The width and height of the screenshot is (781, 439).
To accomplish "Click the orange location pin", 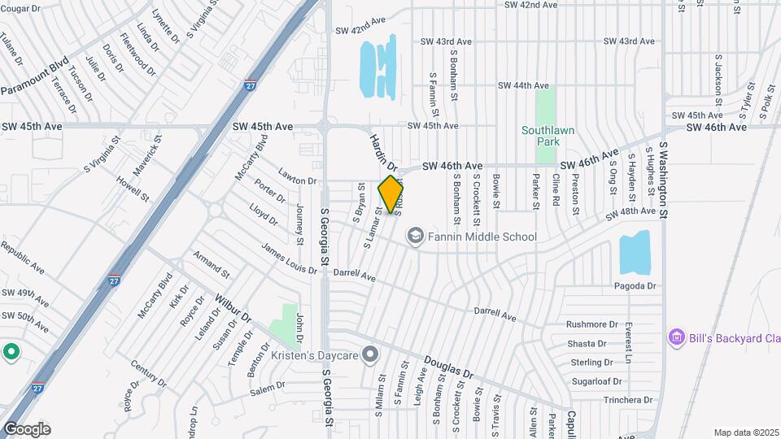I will (x=391, y=193).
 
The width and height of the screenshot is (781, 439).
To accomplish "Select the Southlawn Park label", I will (x=541, y=135).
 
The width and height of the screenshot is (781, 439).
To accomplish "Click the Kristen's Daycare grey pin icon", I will (x=371, y=354).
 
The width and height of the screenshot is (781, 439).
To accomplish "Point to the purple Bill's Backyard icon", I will (x=674, y=337).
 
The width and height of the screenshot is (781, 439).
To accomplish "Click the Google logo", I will (x=27, y=428).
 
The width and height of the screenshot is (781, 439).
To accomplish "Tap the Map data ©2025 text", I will (x=745, y=432).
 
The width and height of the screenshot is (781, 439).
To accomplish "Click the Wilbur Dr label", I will (x=233, y=308).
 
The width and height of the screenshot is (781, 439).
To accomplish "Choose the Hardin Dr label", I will (x=382, y=152).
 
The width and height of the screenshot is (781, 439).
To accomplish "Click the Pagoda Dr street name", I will (x=635, y=286).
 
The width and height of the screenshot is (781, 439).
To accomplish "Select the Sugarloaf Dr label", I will (x=596, y=380).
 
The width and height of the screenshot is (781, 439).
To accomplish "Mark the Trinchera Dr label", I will (x=628, y=400).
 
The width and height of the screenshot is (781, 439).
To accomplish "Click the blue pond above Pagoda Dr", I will (x=635, y=253).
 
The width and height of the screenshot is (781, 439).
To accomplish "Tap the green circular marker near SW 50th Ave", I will (x=11, y=352).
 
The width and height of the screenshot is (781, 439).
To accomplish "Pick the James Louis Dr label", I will (x=289, y=258).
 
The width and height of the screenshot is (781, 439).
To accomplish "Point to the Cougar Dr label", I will (x=22, y=8).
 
